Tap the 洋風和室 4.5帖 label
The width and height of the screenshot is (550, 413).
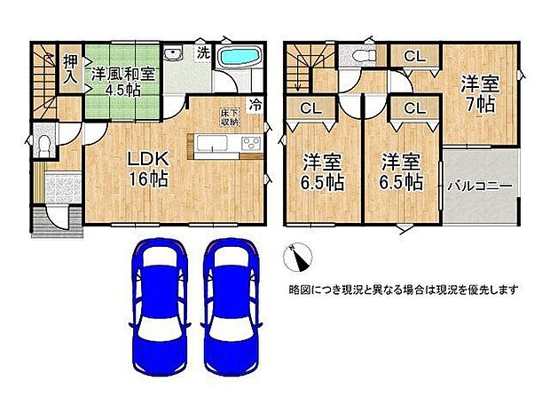(124, 81)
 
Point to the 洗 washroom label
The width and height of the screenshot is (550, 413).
(202, 52)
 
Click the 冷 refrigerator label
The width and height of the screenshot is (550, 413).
(255, 103)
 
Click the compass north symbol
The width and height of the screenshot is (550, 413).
(297, 258)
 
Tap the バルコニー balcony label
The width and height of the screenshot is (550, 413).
(479, 187)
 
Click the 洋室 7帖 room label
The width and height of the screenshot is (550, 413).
(479, 92)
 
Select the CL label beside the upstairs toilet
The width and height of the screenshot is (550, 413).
(412, 56)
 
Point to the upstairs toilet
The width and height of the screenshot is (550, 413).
(360, 55)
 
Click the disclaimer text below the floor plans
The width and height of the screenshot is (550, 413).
(403, 290)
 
